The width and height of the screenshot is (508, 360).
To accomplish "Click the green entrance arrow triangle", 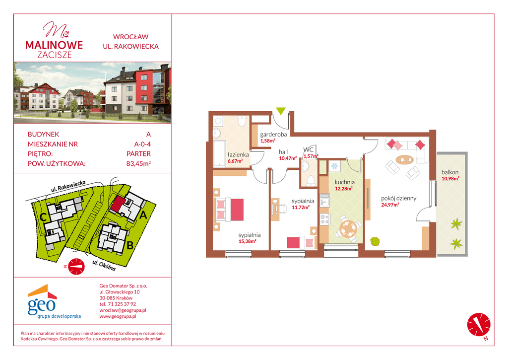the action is point(281,111).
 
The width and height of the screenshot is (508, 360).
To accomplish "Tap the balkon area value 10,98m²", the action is point(450,178).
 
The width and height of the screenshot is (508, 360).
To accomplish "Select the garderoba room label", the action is point(273,135).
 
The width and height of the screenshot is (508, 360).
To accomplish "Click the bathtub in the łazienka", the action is point(219,153).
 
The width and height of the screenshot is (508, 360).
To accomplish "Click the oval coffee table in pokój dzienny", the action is point(405,159).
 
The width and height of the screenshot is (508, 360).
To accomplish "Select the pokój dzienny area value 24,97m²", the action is point(390,205).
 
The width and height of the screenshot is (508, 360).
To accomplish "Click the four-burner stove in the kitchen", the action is point(324,219).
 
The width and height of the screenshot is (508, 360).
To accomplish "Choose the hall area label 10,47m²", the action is point(288,158).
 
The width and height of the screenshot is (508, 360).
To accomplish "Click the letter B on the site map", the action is point(130,245).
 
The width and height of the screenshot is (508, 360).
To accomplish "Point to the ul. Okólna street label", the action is point(104,266).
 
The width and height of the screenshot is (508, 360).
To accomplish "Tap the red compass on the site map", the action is point(76,266).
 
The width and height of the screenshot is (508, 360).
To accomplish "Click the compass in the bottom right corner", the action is point(479,325).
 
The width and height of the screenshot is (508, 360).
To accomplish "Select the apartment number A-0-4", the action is point(142,144).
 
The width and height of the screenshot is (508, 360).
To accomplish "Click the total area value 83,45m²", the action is point(139,163).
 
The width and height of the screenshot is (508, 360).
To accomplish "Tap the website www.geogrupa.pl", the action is point(118,316).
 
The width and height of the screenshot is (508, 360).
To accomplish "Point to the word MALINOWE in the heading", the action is point(54,45).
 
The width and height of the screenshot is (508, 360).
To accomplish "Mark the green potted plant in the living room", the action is point(375,241).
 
